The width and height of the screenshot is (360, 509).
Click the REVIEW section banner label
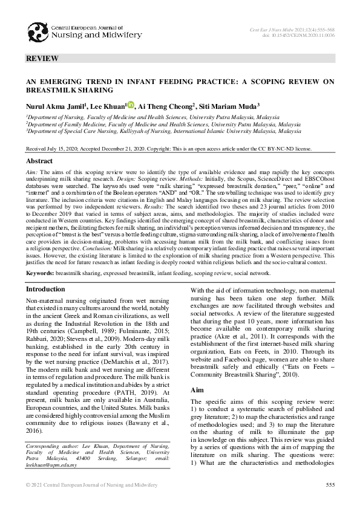42,59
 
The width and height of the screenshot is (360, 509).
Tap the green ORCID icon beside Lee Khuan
131,105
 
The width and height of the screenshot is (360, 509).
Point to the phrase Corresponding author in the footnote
53,445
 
